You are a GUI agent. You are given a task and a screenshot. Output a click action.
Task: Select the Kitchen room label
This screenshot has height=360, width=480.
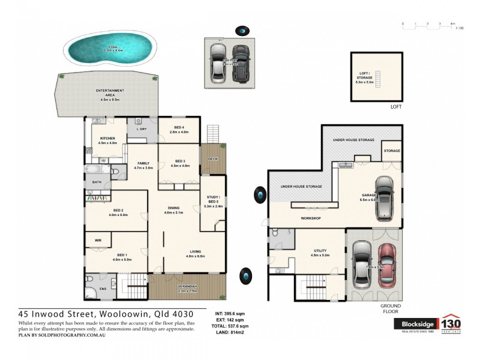(x=107, y=140)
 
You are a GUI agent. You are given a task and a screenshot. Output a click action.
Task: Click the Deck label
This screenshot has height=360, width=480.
(x=212, y=159)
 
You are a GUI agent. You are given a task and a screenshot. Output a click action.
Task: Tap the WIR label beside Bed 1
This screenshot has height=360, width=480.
(x=98, y=240)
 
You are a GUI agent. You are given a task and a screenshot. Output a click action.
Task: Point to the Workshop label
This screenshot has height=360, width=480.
(x=312, y=218)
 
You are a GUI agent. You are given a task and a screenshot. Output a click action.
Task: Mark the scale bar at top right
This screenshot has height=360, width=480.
(x=427, y=24)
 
